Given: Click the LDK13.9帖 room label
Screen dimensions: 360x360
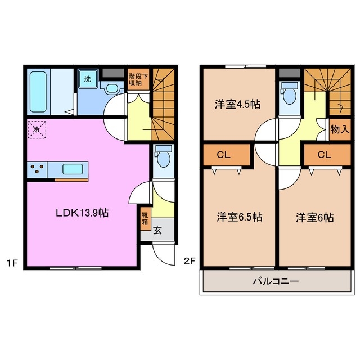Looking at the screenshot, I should pyautogui.click(x=82, y=213).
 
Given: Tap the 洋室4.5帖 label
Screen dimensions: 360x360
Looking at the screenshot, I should pyautogui.click(x=237, y=104).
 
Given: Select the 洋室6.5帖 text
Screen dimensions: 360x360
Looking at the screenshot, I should pyautogui.click(x=239, y=217).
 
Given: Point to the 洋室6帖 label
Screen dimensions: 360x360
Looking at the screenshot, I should pyautogui.click(x=315, y=217).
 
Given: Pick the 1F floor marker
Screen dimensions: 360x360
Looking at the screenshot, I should pyautogui.click(x=12, y=261).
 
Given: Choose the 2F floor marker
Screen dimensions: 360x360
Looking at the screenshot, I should pyautogui.click(x=190, y=261).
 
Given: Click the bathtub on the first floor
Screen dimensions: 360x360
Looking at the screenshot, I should pyautogui.click(x=39, y=91).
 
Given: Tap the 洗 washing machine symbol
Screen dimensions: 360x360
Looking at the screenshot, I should pyautogui.click(x=87, y=79).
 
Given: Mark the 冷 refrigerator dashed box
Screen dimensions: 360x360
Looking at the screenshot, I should pyautogui.click(x=37, y=130).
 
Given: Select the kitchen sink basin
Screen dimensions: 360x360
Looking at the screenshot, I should pyautogui.click(x=73, y=169).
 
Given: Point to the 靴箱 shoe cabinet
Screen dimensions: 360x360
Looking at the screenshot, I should pyautogui.click(x=145, y=218).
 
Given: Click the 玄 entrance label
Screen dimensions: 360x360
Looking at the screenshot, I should pyautogui.click(x=158, y=229).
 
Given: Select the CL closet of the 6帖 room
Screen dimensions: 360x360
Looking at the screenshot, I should pyautogui.click(x=324, y=154).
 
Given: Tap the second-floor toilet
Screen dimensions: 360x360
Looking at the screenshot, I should pyautogui.click(x=290, y=95).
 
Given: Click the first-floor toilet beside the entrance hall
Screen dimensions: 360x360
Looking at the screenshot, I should pyautogui.click(x=163, y=157).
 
